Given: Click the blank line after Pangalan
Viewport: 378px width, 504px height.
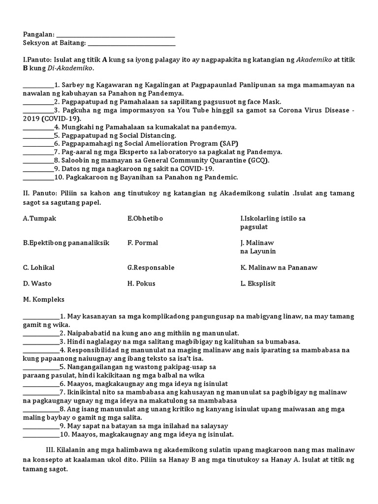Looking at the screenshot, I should [x=116, y=35].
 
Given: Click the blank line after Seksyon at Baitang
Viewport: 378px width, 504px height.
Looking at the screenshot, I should [x=131, y=44].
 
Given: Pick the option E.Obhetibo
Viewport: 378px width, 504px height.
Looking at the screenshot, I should [x=145, y=218].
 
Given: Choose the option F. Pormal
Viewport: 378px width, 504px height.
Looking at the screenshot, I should [x=143, y=243].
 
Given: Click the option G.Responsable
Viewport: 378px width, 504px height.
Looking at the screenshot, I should [x=151, y=268].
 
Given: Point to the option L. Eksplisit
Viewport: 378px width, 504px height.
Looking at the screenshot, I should [x=258, y=283].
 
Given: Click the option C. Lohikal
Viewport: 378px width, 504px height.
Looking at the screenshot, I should [x=38, y=268].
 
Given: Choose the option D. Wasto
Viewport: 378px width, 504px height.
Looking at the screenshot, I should [x=37, y=283].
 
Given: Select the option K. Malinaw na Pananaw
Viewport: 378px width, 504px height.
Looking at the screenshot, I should [x=279, y=268].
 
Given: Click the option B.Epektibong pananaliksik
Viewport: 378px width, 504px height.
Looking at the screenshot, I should [x=66, y=243].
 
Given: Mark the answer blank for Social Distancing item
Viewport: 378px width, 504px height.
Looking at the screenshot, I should [x=38, y=135].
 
